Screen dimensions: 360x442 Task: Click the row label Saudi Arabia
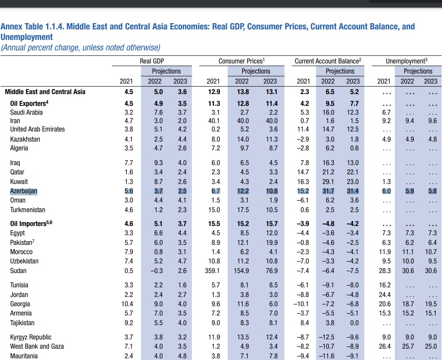pyautogui.click(x=26, y=112)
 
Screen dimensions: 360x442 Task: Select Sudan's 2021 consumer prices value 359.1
pyautogui.click(x=213, y=271)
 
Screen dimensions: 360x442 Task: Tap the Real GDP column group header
pyautogui.click(x=151, y=61)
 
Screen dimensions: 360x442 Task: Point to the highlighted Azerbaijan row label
pyautogui.click(x=24, y=191)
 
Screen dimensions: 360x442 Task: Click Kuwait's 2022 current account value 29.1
pyautogui.click(x=328, y=182)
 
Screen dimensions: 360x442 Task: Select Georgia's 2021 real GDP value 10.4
pyautogui.click(x=126, y=304)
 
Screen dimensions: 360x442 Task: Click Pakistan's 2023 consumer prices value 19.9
pyautogui.click(x=270, y=242)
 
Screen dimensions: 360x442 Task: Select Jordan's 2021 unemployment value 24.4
pyautogui.click(x=384, y=295)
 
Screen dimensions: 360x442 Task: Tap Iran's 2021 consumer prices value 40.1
pyautogui.click(x=213, y=121)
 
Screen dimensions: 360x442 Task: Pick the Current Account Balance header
pyautogui.click(x=327, y=61)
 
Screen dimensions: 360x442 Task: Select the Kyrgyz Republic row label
pyautogui.click(x=31, y=337)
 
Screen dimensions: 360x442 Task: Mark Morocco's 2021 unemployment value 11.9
pyautogui.click(x=384, y=252)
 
